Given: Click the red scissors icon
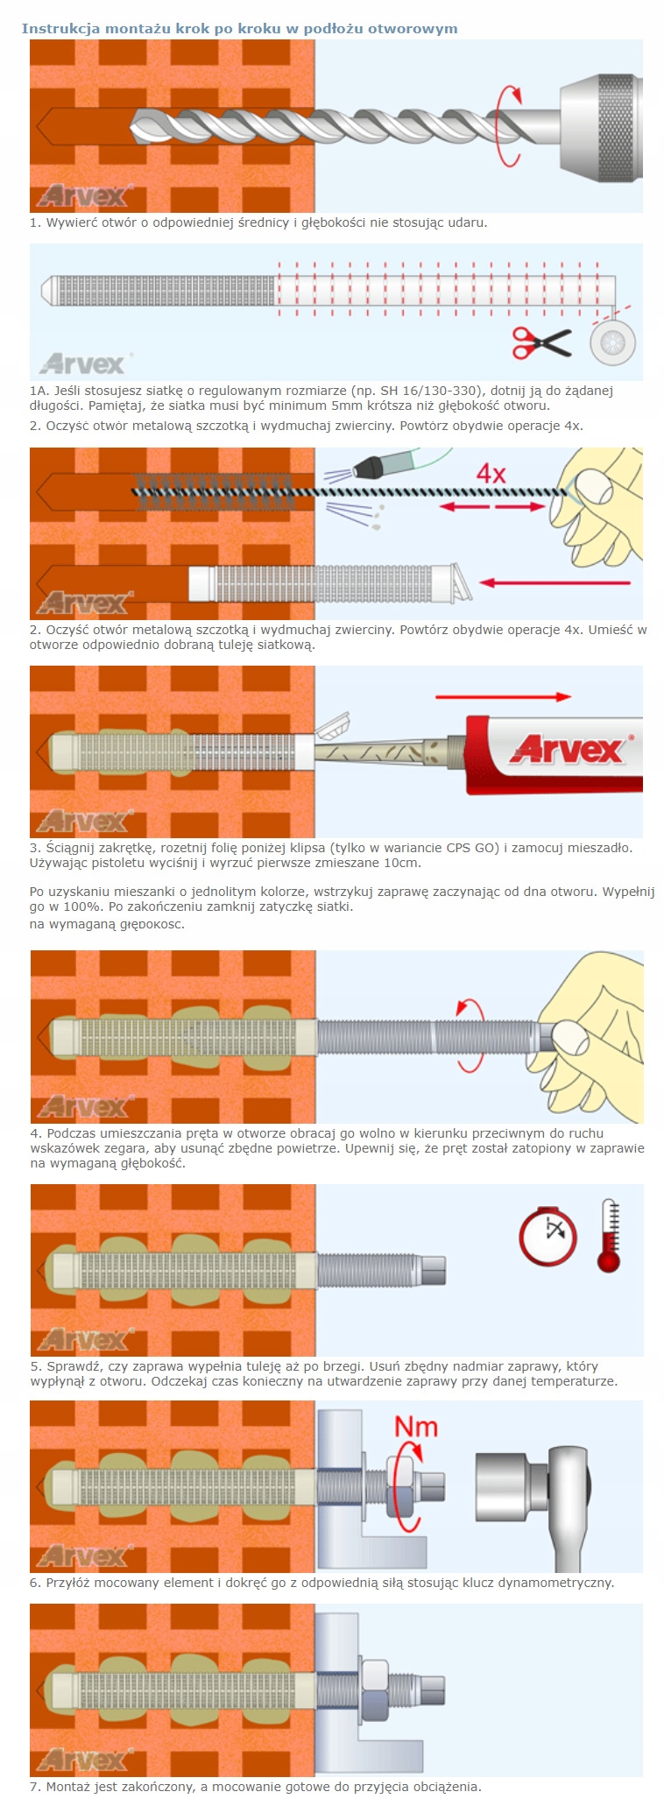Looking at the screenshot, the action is click(541, 342).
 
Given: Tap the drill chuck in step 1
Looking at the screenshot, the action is click(601, 128).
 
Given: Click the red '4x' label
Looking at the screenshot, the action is click(491, 474).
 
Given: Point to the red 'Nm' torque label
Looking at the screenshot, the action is click(416, 1427).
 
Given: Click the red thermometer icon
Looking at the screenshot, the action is click(609, 1235).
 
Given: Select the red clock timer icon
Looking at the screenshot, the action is click(548, 1236).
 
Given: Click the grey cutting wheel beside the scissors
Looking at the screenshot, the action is click(612, 342).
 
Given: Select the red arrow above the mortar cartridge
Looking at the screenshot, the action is click(504, 697).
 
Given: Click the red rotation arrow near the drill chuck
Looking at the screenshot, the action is click(510, 125).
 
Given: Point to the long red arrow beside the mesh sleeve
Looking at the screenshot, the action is click(555, 582).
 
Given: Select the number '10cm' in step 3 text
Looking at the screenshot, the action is click(403, 863).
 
